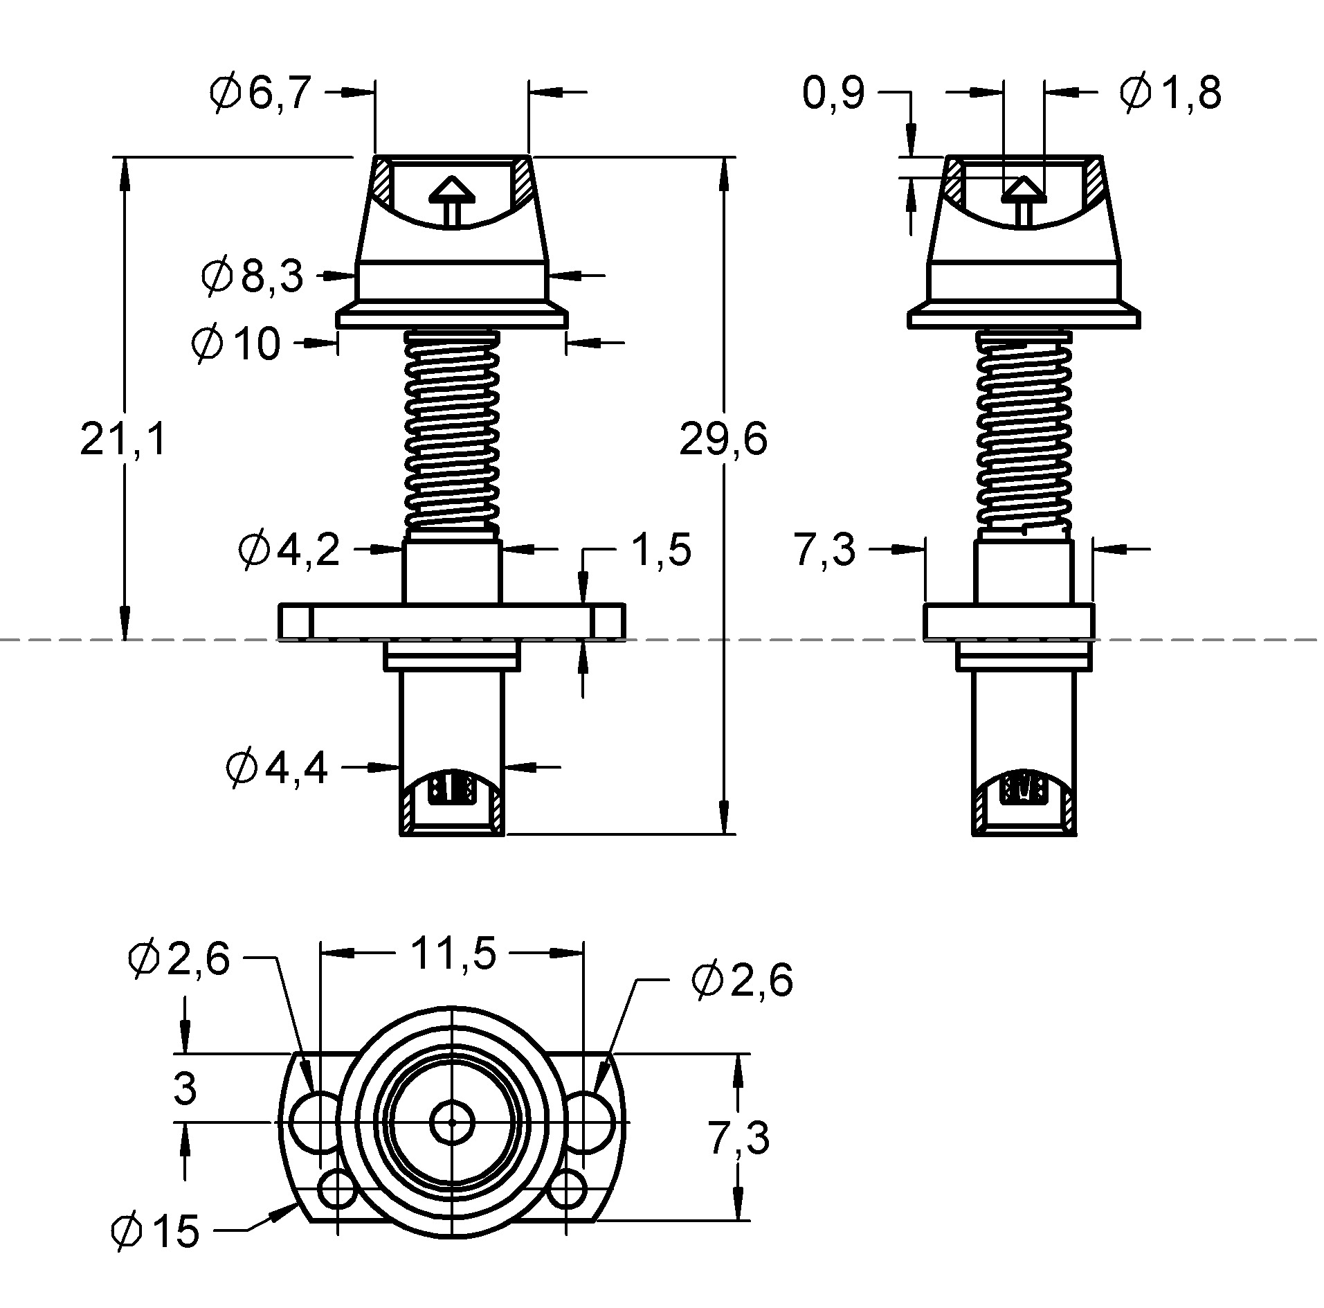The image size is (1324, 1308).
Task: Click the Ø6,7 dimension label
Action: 260,93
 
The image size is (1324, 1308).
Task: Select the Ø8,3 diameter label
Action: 253,276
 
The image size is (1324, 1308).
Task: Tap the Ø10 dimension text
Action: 236,343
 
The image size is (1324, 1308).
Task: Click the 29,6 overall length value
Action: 723,440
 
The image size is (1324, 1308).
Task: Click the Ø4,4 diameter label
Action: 277,769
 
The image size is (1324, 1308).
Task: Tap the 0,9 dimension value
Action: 833,93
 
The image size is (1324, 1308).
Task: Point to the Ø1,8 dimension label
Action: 1170,93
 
